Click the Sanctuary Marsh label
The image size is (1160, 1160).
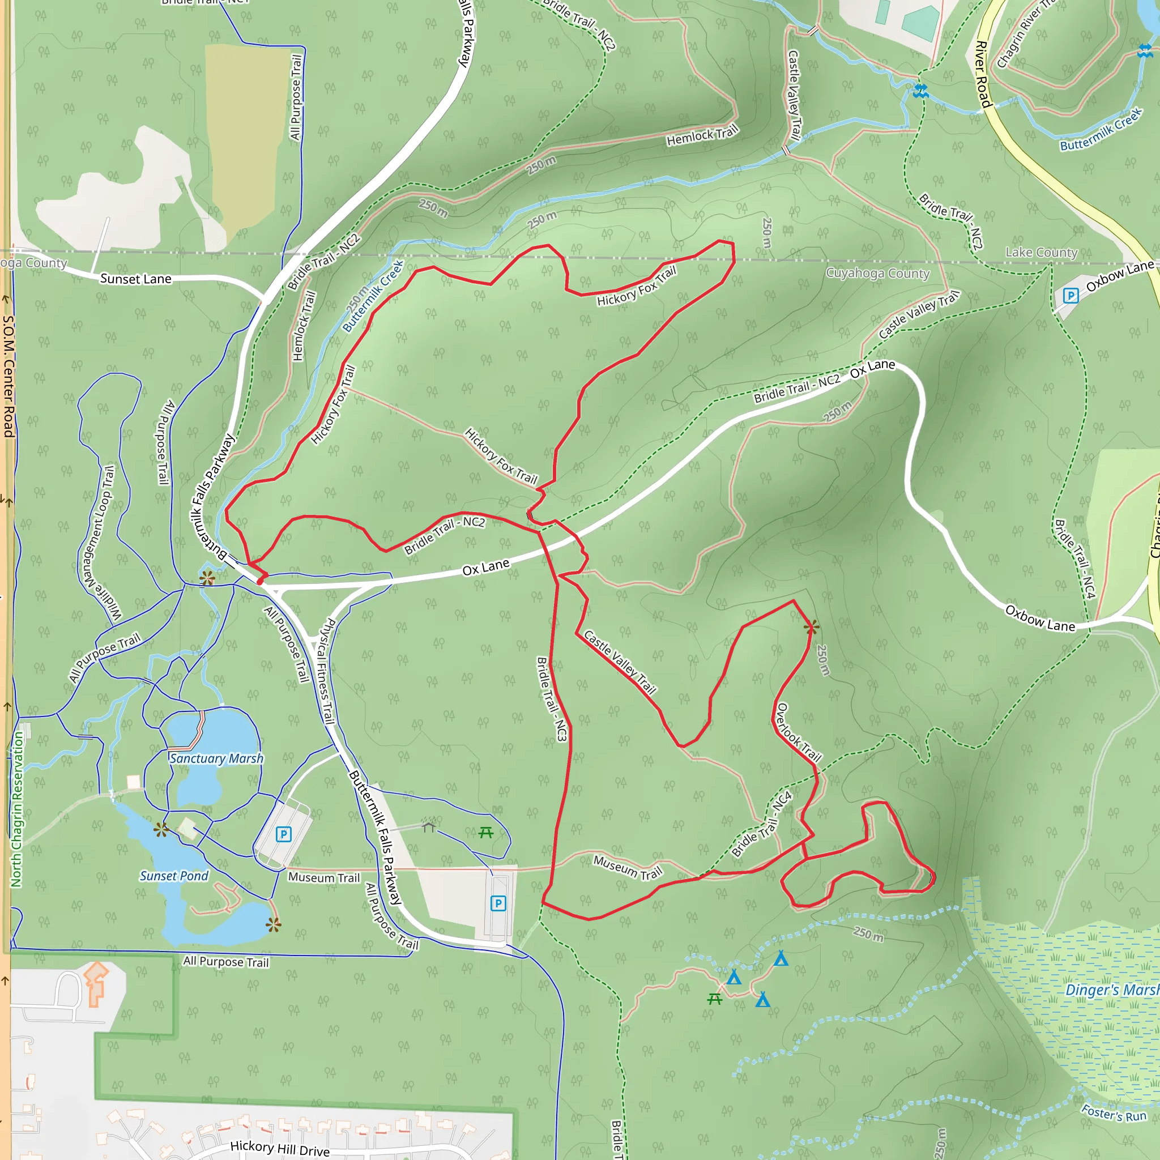[216, 758]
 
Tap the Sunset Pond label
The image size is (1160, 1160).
[174, 876]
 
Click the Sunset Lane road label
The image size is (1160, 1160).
[136, 279]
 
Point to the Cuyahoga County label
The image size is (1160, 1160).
[877, 273]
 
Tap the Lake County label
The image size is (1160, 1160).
[1041, 252]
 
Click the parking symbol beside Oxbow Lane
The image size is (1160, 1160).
[1071, 296]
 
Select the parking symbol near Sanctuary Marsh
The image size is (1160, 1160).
[283, 834]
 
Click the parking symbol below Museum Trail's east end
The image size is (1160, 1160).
[498, 903]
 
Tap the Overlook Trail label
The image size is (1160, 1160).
[799, 732]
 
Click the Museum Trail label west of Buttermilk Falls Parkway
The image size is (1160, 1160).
[323, 877]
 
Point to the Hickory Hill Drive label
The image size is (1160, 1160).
[280, 1149]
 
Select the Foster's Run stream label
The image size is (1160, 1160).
[1114, 1113]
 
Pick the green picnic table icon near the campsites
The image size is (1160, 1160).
[714, 999]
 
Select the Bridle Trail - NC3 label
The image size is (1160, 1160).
[551, 699]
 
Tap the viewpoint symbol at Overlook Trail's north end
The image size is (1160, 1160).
[811, 628]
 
